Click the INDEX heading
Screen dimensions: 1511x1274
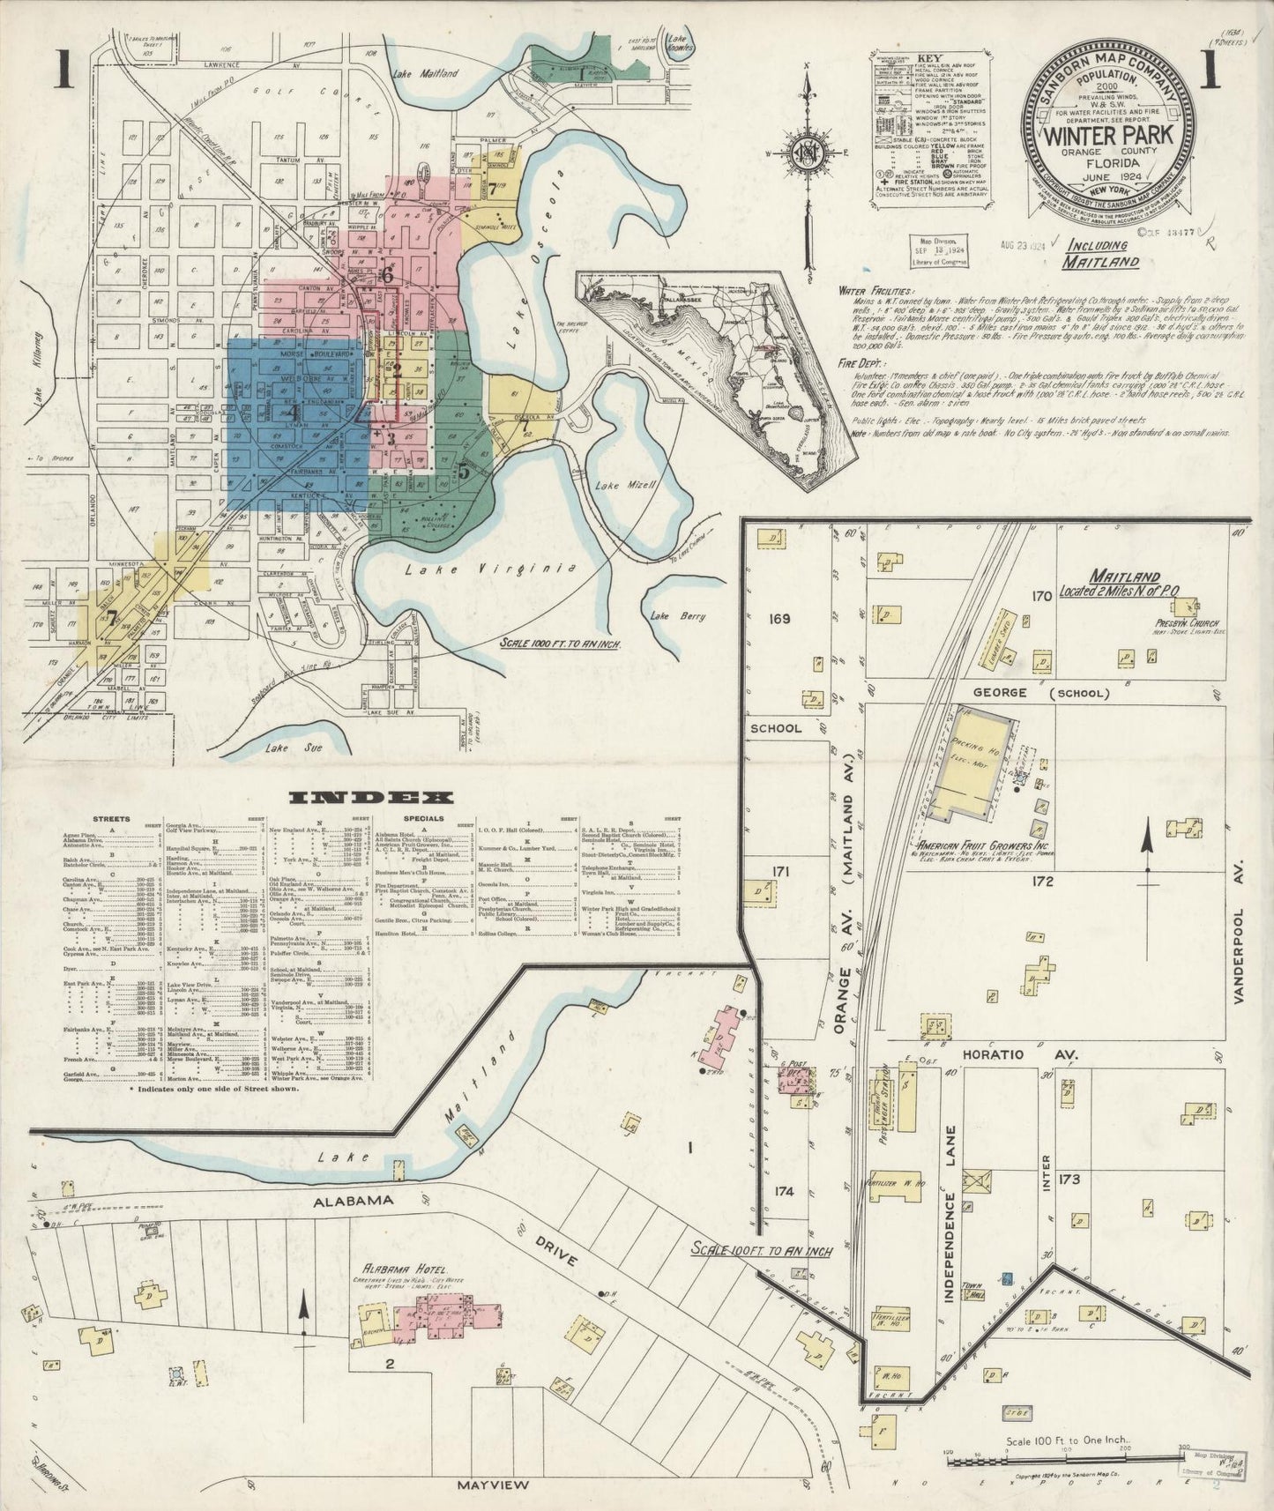point(371,798)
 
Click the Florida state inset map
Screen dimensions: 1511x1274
point(721,370)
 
